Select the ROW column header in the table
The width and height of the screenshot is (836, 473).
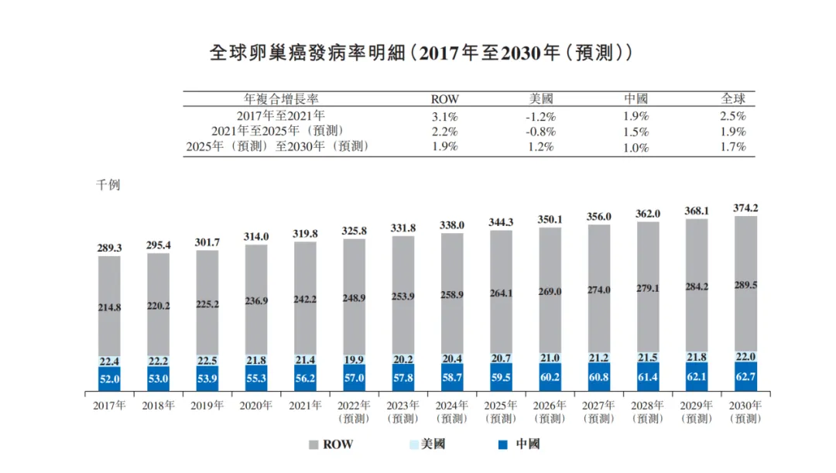point(444,99)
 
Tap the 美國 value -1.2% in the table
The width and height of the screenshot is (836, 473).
point(540,116)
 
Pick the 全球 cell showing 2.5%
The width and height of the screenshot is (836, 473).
point(732,116)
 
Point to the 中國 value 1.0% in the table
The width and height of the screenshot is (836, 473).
point(636,146)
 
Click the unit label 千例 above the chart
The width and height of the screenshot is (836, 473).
point(108,185)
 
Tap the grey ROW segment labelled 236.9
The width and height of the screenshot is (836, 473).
point(255,300)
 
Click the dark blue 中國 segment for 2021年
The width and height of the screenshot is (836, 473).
point(304,379)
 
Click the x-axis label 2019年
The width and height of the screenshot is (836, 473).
point(207,405)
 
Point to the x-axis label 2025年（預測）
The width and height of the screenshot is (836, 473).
point(501,411)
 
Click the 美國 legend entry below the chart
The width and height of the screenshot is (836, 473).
point(427,444)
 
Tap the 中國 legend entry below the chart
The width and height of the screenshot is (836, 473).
point(519,444)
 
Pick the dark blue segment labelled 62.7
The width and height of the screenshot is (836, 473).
point(746,377)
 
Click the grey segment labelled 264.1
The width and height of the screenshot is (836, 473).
point(501,293)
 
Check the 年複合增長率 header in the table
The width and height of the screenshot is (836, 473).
point(282,99)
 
